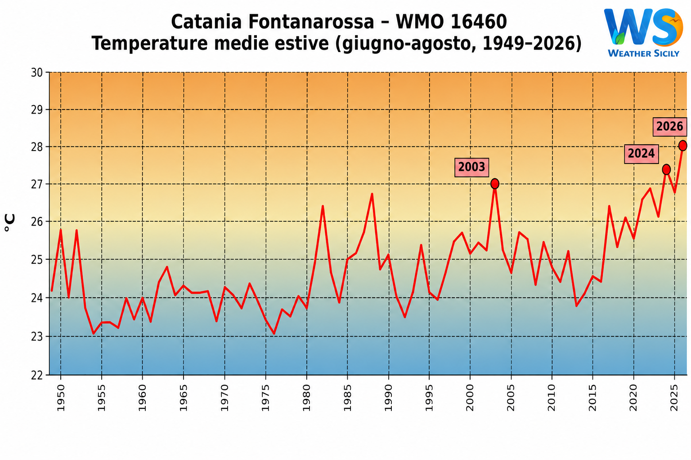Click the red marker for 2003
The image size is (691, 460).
pyautogui.click(x=494, y=184)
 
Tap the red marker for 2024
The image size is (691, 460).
pyautogui.click(x=666, y=169)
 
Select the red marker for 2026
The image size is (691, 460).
pyautogui.click(x=682, y=146)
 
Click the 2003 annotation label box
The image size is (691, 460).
pyautogui.click(x=471, y=167)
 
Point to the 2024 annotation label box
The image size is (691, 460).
pyautogui.click(x=642, y=154)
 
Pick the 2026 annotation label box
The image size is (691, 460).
pyautogui.click(x=670, y=127)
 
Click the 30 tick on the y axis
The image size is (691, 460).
pyautogui.click(x=37, y=72)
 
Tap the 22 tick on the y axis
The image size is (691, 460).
pyautogui.click(x=37, y=375)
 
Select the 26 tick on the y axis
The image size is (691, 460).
pyautogui.click(x=37, y=221)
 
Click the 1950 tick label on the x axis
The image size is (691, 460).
pyautogui.click(x=61, y=398)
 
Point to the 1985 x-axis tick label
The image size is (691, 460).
pyautogui.click(x=347, y=398)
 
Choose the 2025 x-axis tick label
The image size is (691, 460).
pyautogui.click(x=674, y=398)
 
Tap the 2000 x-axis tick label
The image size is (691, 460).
pyautogui.click(x=470, y=398)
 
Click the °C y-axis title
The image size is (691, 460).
pyautogui.click(x=9, y=222)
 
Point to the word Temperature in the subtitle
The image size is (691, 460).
pyautogui.click(x=150, y=43)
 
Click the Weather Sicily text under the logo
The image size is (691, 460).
pyautogui.click(x=643, y=53)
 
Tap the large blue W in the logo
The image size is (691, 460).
pyautogui.click(x=628, y=27)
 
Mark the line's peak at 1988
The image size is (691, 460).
pyautogui.click(x=372, y=194)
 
